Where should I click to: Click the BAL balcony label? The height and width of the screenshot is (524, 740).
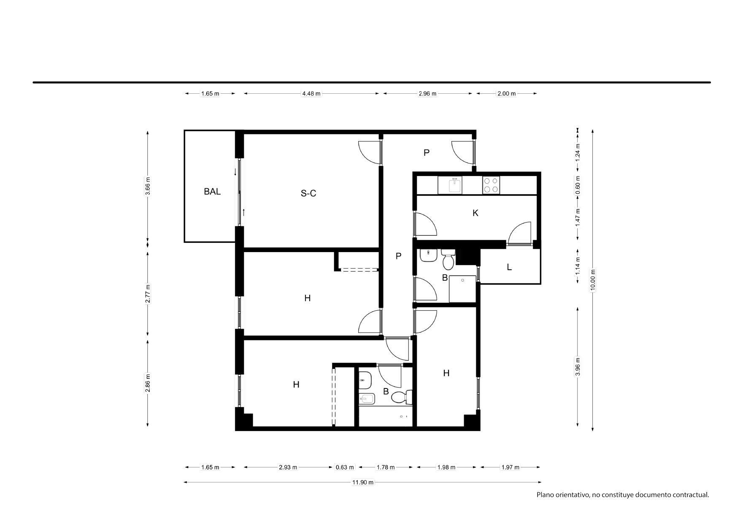tap(212, 191)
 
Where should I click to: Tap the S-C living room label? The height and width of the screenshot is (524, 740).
tap(308, 193)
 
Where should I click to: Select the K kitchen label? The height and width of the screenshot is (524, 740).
tap(475, 213)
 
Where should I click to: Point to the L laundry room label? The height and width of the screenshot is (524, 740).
tap(509, 267)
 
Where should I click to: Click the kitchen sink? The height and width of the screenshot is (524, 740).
tap(450, 185)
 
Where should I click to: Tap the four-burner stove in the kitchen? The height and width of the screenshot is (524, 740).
tap(491, 185)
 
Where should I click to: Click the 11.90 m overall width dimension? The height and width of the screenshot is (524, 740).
tap(363, 482)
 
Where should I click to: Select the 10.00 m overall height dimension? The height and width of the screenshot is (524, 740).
tap(592, 280)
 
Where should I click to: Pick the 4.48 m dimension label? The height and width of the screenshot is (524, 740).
tap(311, 94)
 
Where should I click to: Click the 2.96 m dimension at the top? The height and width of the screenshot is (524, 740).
tap(427, 94)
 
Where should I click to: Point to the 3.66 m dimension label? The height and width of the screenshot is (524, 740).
tap(148, 186)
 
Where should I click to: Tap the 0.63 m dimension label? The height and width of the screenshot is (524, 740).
tap(345, 467)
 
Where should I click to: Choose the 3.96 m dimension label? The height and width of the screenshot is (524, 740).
tap(578, 367)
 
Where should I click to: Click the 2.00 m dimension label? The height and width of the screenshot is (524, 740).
tap(506, 94)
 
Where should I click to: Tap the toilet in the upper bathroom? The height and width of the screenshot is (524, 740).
tap(448, 259)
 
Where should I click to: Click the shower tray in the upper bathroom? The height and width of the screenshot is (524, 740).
tap(462, 289)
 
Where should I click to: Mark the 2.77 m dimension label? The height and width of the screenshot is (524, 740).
tap(148, 293)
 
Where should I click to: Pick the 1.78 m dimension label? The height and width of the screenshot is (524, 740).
tap(386, 467)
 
